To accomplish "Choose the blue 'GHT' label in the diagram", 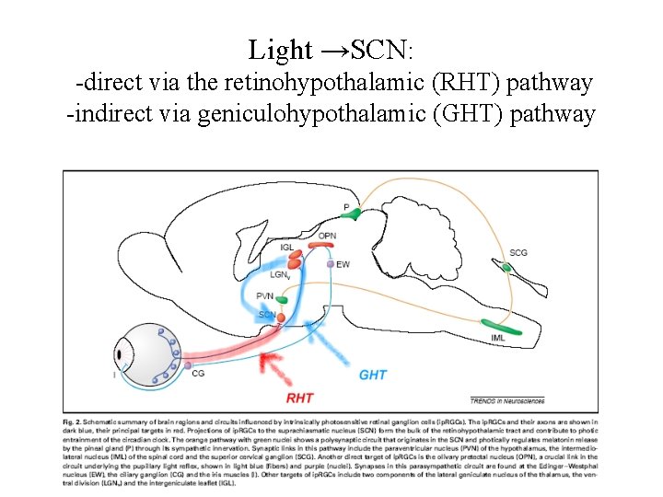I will [x=372, y=375].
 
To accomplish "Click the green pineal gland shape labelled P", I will [x=350, y=214].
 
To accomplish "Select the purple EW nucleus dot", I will [x=331, y=264].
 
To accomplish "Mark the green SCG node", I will [x=506, y=268].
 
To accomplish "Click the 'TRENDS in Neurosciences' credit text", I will [x=506, y=400].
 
